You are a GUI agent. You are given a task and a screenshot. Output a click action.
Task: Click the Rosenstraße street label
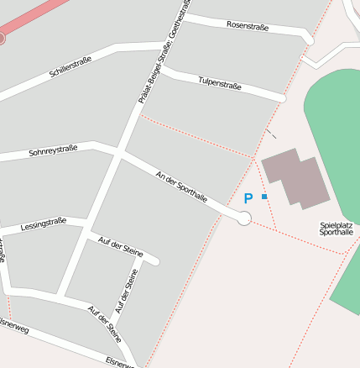[x=248, y=26]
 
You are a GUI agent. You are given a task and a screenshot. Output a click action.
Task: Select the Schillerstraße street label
[x=70, y=67]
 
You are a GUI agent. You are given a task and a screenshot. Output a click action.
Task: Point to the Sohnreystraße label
[x=53, y=150]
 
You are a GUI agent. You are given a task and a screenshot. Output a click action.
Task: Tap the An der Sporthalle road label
[x=181, y=187]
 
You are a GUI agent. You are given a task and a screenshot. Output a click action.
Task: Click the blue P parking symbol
[x=248, y=199]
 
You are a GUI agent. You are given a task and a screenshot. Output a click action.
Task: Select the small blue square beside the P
[x=264, y=197]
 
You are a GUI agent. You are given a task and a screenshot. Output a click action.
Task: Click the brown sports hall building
[x=295, y=177]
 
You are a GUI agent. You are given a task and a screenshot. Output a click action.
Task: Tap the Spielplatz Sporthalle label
[x=337, y=228]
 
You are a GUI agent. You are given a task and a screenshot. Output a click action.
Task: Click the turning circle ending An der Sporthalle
[x=244, y=218]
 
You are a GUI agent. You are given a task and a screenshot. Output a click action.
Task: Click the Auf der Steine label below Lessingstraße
[x=121, y=247]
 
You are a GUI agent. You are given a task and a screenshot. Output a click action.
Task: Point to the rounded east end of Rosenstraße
[x=308, y=39]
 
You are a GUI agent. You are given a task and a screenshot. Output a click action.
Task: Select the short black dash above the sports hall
[x=270, y=133]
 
